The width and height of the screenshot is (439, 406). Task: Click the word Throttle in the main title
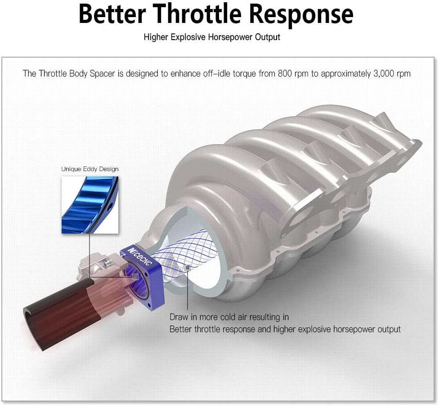[197, 14]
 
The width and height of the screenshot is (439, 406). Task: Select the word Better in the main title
[112, 14]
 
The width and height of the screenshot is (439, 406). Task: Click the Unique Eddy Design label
[90, 169]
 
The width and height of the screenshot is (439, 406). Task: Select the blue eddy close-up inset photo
[90, 205]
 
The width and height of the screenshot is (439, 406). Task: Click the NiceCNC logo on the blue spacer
[140, 256]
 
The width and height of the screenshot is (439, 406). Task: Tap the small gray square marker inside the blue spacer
[135, 277]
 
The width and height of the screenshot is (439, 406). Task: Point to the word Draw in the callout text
[179, 317]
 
